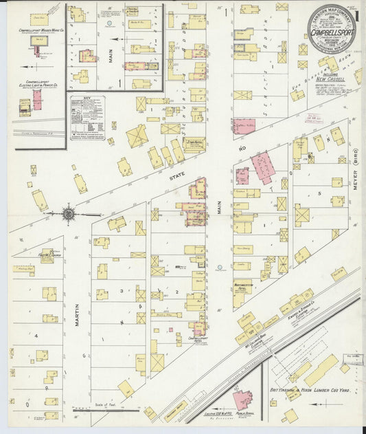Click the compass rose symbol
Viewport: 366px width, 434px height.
(x=69, y=215)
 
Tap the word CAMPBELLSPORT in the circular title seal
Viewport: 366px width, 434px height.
(x=325, y=32)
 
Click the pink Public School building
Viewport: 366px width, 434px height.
(x=242, y=399)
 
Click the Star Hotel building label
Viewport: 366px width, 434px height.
(x=194, y=140)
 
